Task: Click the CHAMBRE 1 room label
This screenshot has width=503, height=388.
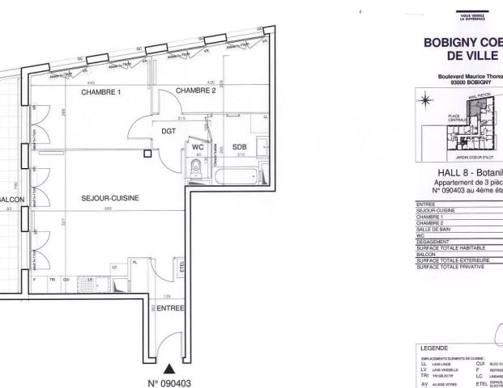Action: [x=100, y=93]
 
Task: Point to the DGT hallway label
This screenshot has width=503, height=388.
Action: [x=168, y=130]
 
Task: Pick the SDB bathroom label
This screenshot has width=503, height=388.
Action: [x=239, y=147]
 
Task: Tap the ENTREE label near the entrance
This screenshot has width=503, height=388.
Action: [x=171, y=308]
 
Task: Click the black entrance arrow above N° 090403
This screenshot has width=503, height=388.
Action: [x=168, y=346]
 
